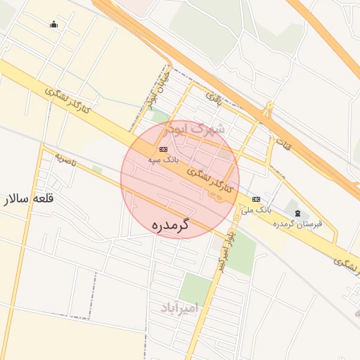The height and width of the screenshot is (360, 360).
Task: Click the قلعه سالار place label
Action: click(30, 199)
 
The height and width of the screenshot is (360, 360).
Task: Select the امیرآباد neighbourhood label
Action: click(175, 308)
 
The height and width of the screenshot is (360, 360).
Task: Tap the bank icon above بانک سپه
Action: click(164, 149)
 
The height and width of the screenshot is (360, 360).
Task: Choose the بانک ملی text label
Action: click(255, 210)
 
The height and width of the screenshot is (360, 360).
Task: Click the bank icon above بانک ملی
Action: click(255, 199)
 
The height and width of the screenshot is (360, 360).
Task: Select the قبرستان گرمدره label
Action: click(298, 224)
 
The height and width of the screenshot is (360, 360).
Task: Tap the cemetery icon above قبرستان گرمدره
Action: click(297, 212)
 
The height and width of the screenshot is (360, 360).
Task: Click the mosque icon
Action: click(53, 25)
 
